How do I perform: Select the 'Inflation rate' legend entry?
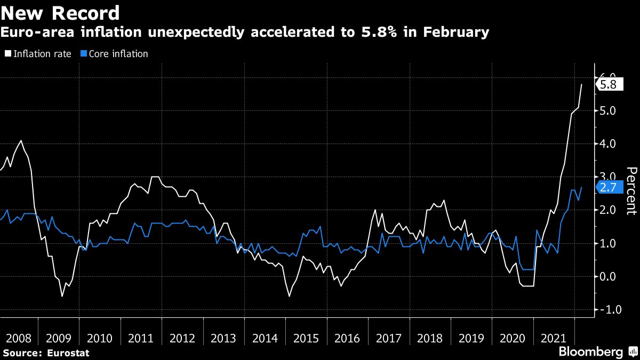coord(38,54)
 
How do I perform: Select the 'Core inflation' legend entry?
coord(114,54)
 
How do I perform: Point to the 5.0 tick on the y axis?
coord(608,111)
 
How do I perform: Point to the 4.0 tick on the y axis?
coord(608,144)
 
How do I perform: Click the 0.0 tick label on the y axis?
coord(608,276)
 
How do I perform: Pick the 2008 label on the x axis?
coord(18,338)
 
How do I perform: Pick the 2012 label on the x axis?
coord(183,338)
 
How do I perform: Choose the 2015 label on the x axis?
coord(307,338)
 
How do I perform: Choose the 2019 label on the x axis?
coord(471,338)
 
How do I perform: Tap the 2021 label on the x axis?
coord(554,338)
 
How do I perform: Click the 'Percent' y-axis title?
coord(631,191)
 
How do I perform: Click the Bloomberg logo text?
coord(590,352)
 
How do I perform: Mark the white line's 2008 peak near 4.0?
coord(21,141)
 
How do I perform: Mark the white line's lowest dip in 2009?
coord(62,296)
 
